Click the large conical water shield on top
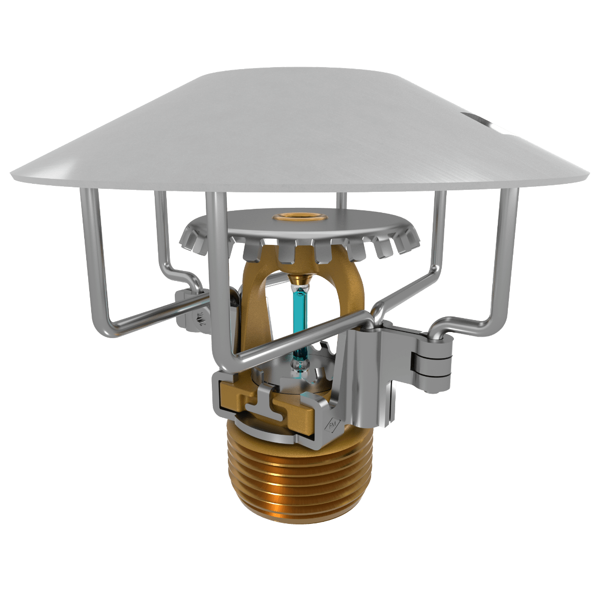point(300,130)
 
